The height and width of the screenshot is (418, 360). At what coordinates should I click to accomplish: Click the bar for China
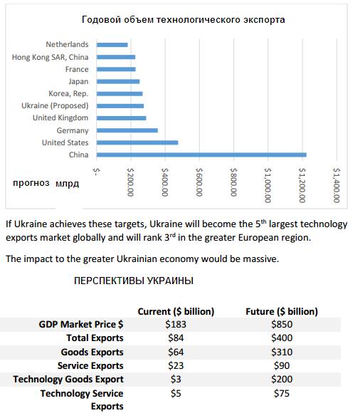pyautogui.click(x=201, y=155)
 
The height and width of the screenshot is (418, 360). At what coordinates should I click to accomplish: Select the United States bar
pyautogui.click(x=137, y=142)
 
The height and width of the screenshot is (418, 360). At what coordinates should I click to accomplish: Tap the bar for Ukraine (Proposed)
pyautogui.click(x=120, y=106)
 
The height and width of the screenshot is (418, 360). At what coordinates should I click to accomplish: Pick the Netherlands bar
pyautogui.click(x=112, y=45)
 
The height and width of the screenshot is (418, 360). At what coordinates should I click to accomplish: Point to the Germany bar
pyautogui.click(x=127, y=130)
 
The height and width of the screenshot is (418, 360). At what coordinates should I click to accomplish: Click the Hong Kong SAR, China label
pyautogui.click(x=50, y=57)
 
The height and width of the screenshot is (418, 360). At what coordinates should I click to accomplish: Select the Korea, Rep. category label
pyautogui.click(x=68, y=93)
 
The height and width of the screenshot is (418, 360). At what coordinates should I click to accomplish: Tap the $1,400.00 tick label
pyautogui.click(x=337, y=185)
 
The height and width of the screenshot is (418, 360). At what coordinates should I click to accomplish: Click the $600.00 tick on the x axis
pyautogui.click(x=199, y=182)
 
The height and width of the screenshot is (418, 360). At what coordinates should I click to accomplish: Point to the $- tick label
pyautogui.click(x=96, y=172)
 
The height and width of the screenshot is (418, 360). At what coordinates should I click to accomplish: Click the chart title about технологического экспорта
pyautogui.click(x=183, y=19)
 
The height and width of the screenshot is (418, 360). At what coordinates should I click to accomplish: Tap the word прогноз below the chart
pyautogui.click(x=31, y=183)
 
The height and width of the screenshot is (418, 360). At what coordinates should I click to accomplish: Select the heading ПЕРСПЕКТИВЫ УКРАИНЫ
pyautogui.click(x=134, y=281)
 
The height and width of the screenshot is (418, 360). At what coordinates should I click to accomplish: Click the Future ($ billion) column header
pyautogui.click(x=282, y=311)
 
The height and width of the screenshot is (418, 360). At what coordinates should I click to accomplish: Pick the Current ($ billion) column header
pyautogui.click(x=176, y=311)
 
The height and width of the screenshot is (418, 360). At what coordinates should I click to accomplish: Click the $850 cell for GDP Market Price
pyautogui.click(x=282, y=324)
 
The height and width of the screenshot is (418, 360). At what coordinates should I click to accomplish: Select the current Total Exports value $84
pyautogui.click(x=176, y=338)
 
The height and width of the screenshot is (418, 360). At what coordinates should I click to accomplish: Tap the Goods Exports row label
pyautogui.click(x=92, y=352)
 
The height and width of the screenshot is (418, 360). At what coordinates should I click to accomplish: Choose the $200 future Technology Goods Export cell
pyautogui.click(x=282, y=379)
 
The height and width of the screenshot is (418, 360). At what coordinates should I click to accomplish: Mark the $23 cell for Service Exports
pyautogui.click(x=176, y=365)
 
